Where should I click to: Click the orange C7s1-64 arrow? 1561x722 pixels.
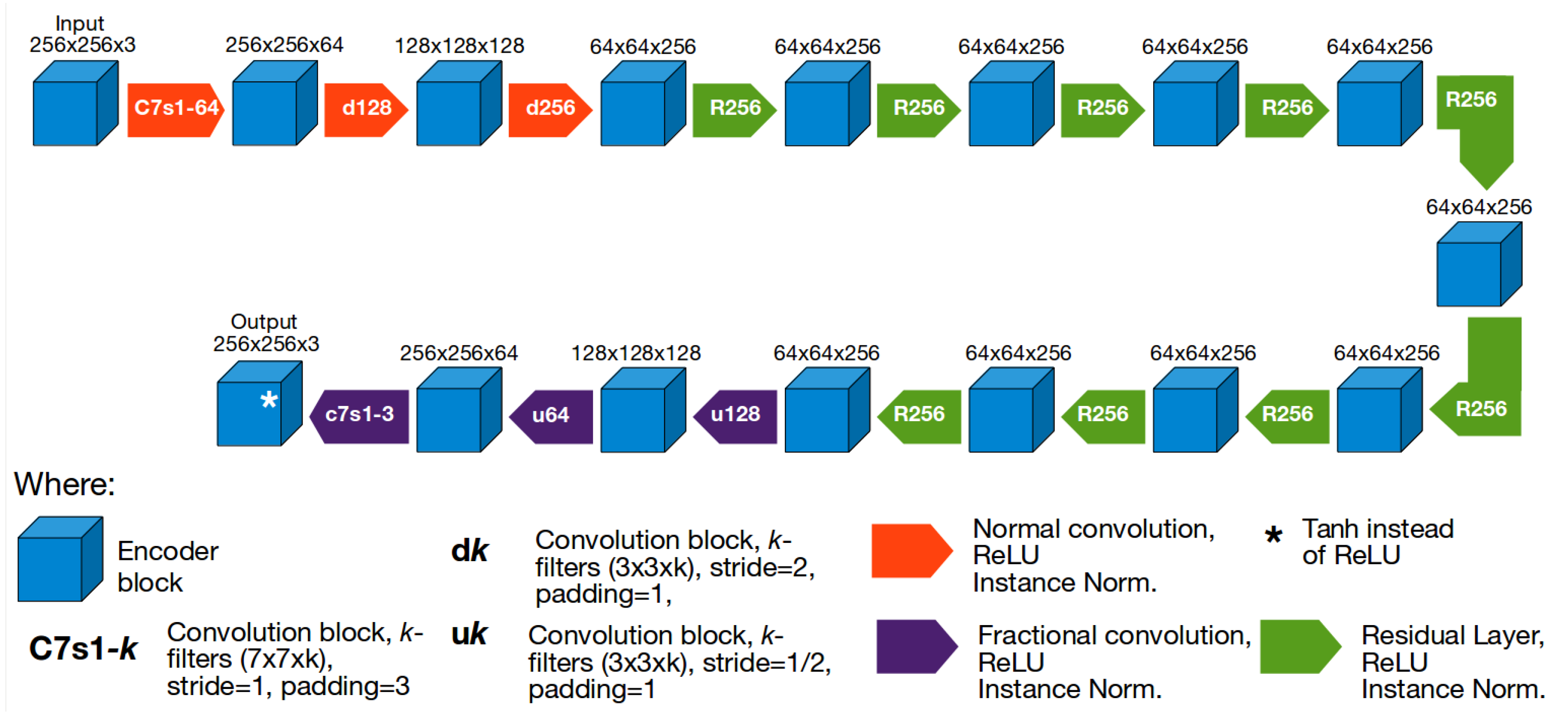(x=176, y=109)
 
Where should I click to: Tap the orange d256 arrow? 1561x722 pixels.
(x=550, y=109)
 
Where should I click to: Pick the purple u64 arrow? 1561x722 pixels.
(x=551, y=416)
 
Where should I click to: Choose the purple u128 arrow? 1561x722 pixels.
(x=735, y=416)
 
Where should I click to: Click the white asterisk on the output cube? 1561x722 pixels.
(x=268, y=400)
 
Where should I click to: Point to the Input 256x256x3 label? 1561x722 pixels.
(x=82, y=34)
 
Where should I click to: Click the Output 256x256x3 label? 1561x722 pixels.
(x=265, y=333)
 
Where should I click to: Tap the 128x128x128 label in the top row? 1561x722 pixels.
(x=459, y=46)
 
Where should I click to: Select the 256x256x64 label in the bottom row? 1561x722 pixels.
(x=459, y=353)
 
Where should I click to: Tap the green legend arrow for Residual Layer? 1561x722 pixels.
(x=1299, y=646)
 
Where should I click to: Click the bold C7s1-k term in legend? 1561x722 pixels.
(x=83, y=649)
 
